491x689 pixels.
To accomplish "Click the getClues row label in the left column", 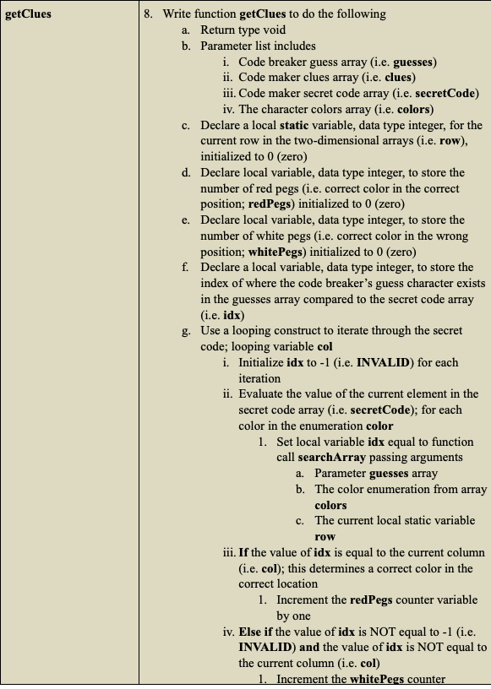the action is point(28,14).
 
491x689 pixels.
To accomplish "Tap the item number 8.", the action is point(148,14).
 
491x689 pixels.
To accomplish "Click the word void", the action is point(275,30).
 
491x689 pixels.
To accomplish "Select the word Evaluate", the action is point(264,394).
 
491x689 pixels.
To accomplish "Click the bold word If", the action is point(244,552).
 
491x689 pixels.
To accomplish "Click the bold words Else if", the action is point(258,631).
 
